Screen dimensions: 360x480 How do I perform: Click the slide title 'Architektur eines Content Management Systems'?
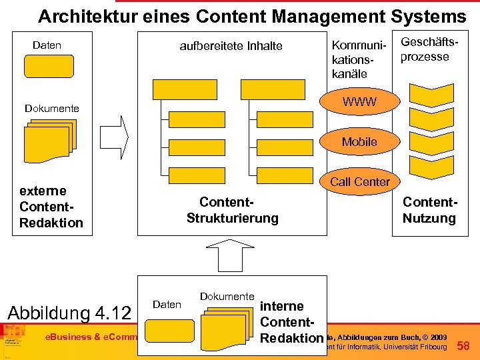[252, 15]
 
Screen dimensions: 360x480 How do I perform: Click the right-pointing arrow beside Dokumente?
[114, 133]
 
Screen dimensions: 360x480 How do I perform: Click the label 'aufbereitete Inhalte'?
[231, 46]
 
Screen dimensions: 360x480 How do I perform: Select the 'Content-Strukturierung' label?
[232, 210]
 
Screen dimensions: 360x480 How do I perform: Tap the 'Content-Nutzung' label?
[429, 210]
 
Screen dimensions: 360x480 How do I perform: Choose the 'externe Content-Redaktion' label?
[51, 206]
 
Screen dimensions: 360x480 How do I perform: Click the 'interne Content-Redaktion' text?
[291, 322]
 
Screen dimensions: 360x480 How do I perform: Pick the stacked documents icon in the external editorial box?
[51, 139]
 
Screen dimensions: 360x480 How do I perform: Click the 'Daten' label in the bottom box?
[167, 305]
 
